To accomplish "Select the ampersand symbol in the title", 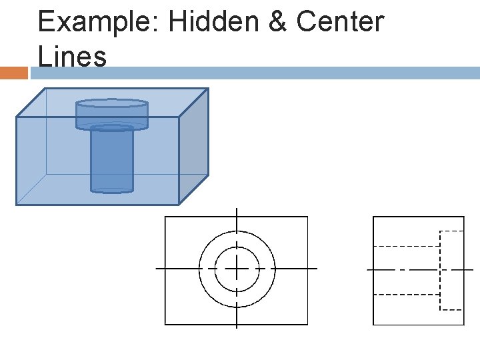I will [x=276, y=22].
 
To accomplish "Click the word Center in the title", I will [x=340, y=22].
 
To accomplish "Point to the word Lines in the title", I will [x=72, y=56].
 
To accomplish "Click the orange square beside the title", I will [x=13, y=72].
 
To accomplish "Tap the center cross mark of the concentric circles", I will [x=237, y=269].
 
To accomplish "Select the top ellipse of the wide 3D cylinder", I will [x=111, y=103].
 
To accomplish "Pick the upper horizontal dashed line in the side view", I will [x=406, y=246].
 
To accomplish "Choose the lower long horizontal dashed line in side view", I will [x=406, y=294].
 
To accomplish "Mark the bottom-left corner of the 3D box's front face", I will [x=17, y=205].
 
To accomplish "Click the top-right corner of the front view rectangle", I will [x=307, y=217].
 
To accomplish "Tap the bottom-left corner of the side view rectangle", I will [x=373, y=325].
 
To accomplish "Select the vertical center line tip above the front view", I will [x=237, y=209].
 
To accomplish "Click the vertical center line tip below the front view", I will [x=237, y=327].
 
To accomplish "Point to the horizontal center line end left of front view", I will [x=157, y=269].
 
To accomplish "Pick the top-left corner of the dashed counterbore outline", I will [x=440, y=231].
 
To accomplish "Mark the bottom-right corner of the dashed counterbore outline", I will [x=463, y=309].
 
